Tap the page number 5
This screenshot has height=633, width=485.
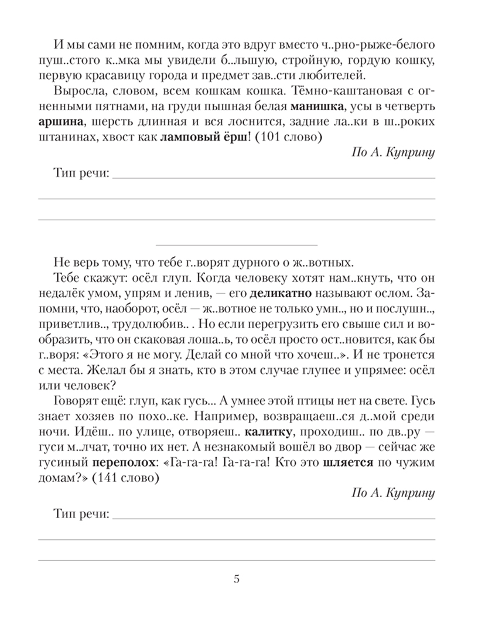coord(236,580)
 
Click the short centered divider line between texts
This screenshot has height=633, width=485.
coord(236,243)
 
